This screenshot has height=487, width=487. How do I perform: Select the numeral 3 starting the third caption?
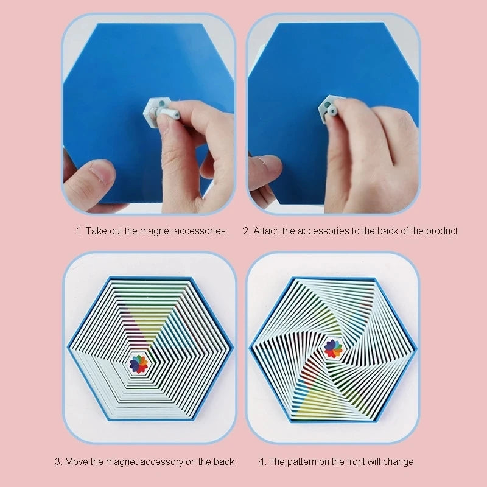click(x=57, y=461)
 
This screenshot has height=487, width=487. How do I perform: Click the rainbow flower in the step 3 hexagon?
click(x=139, y=364)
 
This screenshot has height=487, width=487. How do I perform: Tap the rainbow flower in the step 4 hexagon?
click(x=333, y=348)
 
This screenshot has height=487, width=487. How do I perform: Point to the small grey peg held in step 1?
click(x=168, y=113)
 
